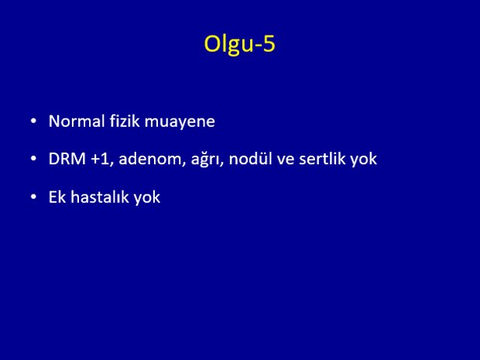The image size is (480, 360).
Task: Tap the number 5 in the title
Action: [x=269, y=43]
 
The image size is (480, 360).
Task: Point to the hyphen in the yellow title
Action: [x=257, y=46]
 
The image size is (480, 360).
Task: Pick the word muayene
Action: [x=180, y=122]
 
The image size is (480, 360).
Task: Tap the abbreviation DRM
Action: [x=67, y=159]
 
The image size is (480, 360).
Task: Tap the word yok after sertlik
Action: [x=364, y=159]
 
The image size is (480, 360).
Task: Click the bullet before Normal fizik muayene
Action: [x=33, y=122]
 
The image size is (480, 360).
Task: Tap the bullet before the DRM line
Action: [x=33, y=159]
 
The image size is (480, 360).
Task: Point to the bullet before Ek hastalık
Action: [x=33, y=197]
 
